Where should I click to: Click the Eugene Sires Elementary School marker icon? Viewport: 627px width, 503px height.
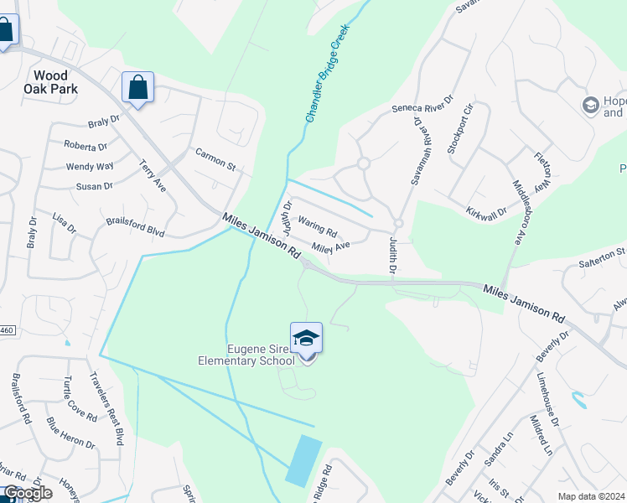[306, 339]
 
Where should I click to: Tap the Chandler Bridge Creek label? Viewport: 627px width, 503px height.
[327, 74]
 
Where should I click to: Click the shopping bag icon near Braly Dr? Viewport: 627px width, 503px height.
[137, 87]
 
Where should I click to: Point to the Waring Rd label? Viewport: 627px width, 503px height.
[318, 227]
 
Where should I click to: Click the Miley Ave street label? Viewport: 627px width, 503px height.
[330, 246]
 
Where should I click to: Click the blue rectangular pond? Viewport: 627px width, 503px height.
[303, 461]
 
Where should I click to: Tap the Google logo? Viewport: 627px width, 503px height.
[27, 493]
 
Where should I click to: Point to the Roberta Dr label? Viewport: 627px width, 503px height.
[85, 145]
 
